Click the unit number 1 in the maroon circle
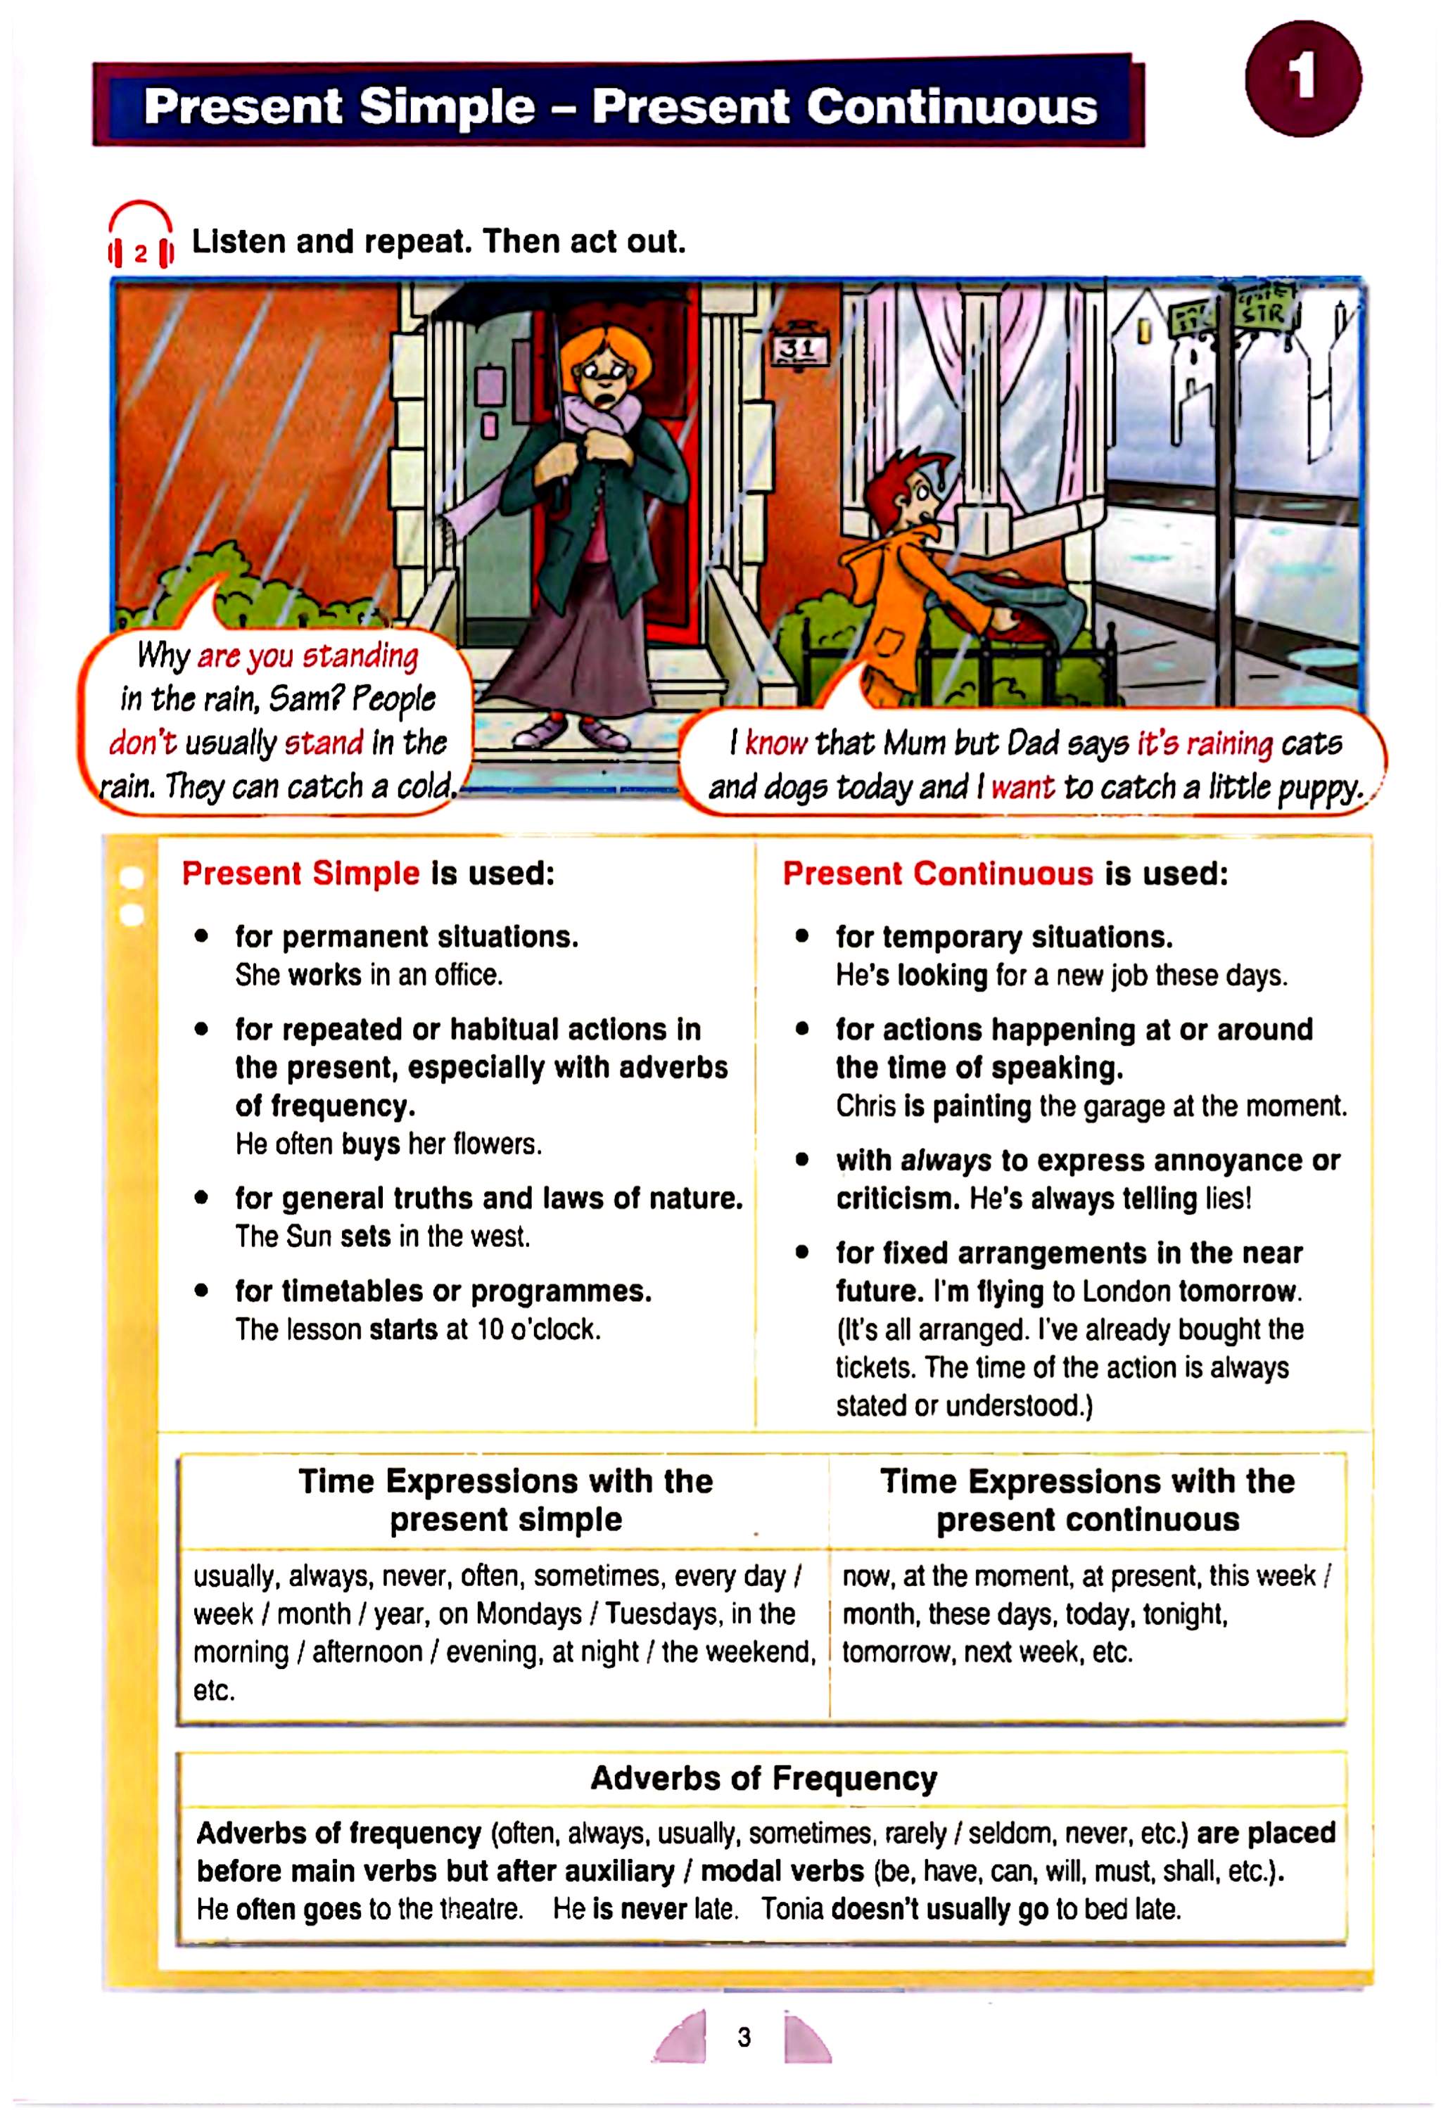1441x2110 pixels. pyautogui.click(x=1302, y=78)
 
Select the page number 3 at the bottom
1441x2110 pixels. pyautogui.click(x=744, y=2038)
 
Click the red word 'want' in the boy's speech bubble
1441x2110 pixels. pyautogui.click(x=1022, y=786)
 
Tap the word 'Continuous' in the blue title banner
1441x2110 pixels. pyautogui.click(x=951, y=106)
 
